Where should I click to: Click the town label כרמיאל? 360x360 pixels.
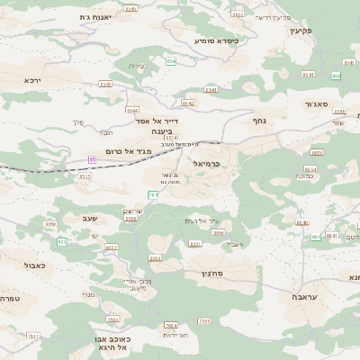point(206,164)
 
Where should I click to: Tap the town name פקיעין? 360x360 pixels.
point(300,29)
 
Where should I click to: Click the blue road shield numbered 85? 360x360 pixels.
point(92,159)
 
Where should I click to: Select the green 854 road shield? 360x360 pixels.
point(170,60)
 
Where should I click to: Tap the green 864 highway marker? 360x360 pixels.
point(336,76)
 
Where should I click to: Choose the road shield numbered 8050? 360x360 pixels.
point(50,223)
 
